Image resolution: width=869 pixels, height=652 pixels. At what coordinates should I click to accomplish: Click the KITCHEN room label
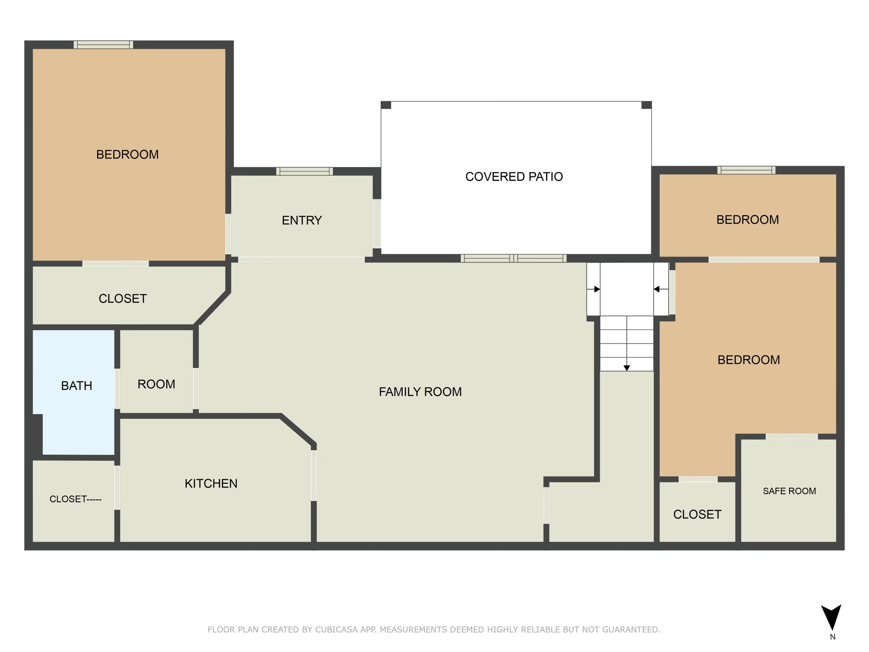(211, 483)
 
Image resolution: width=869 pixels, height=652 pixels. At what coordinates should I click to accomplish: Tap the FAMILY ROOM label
(420, 392)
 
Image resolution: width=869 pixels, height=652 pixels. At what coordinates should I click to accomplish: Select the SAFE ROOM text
(789, 491)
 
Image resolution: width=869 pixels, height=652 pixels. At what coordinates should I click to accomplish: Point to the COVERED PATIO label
(514, 177)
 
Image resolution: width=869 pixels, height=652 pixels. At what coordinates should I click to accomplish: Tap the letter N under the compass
(833, 637)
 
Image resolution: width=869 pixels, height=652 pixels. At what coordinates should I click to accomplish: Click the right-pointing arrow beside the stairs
(593, 289)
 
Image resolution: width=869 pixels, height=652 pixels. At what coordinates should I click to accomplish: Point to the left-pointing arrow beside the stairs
(660, 289)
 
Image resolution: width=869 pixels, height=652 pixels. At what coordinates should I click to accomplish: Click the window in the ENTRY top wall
(304, 171)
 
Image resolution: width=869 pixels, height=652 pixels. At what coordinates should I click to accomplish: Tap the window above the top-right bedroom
(746, 170)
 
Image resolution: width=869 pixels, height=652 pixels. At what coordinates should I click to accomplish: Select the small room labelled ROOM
(156, 371)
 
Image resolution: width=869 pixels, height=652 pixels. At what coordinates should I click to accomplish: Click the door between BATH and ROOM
(117, 389)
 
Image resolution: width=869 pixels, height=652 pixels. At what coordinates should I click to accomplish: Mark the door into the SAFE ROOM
(792, 437)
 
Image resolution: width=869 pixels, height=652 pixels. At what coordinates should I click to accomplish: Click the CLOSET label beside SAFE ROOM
(697, 514)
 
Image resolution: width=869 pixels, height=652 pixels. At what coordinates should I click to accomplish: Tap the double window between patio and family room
(514, 258)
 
